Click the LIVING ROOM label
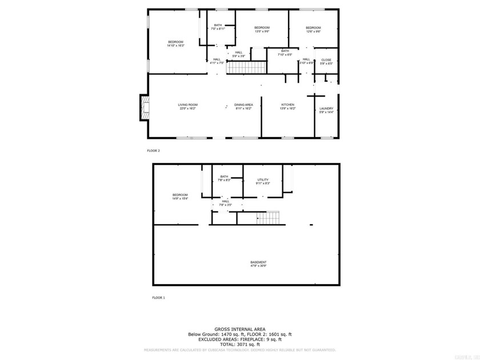[187, 106]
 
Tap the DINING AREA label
[243, 106]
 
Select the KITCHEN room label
[287, 106]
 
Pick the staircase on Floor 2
[246, 68]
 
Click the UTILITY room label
[262, 182]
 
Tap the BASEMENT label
[258, 264]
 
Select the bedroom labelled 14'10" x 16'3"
[175, 43]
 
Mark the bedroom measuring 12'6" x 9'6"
[313, 30]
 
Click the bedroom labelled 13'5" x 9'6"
[262, 30]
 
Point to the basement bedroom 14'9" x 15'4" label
[180, 197]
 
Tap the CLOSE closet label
[326, 61]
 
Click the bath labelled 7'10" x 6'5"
[285, 53]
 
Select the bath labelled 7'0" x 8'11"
[218, 27]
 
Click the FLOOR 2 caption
[154, 150]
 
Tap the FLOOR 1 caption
[158, 298]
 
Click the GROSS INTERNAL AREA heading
[239, 329]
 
